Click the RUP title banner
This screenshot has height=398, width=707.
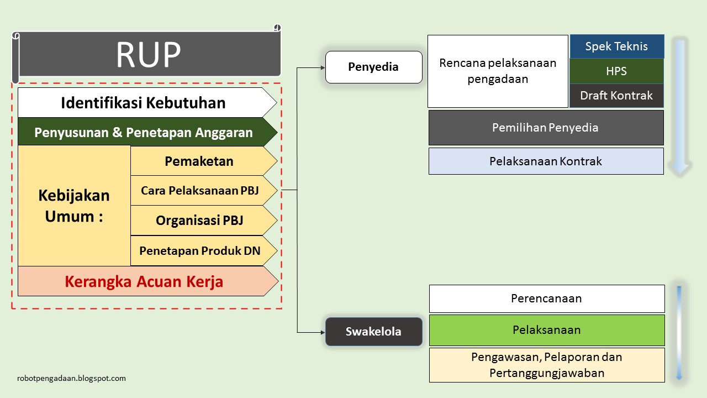tap(148, 54)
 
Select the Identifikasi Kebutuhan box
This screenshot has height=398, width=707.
tap(143, 103)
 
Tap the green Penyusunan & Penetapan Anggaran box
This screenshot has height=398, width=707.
tap(143, 133)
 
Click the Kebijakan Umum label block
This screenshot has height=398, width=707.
tap(74, 206)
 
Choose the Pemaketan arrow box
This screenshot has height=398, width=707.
tap(199, 161)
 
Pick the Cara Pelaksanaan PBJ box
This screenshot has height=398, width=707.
tap(199, 191)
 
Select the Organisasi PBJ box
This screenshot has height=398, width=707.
tap(199, 221)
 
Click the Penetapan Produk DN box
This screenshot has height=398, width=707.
tap(199, 250)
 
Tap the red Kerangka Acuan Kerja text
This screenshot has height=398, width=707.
tap(144, 281)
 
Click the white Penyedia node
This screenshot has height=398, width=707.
tap(373, 67)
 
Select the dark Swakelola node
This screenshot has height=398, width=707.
tap(373, 332)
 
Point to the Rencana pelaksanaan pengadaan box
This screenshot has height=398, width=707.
tap(498, 71)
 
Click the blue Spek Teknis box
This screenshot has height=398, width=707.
tap(616, 46)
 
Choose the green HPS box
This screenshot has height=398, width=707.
tap(616, 71)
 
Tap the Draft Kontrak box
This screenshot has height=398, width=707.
tap(616, 96)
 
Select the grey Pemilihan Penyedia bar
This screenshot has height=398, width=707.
tap(546, 128)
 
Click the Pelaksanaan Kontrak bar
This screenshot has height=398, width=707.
tap(546, 161)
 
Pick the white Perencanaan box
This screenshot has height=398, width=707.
tap(546, 298)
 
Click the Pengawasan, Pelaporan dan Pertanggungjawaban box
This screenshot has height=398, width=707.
tap(546, 365)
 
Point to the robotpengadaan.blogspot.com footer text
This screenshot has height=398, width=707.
tap(72, 379)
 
